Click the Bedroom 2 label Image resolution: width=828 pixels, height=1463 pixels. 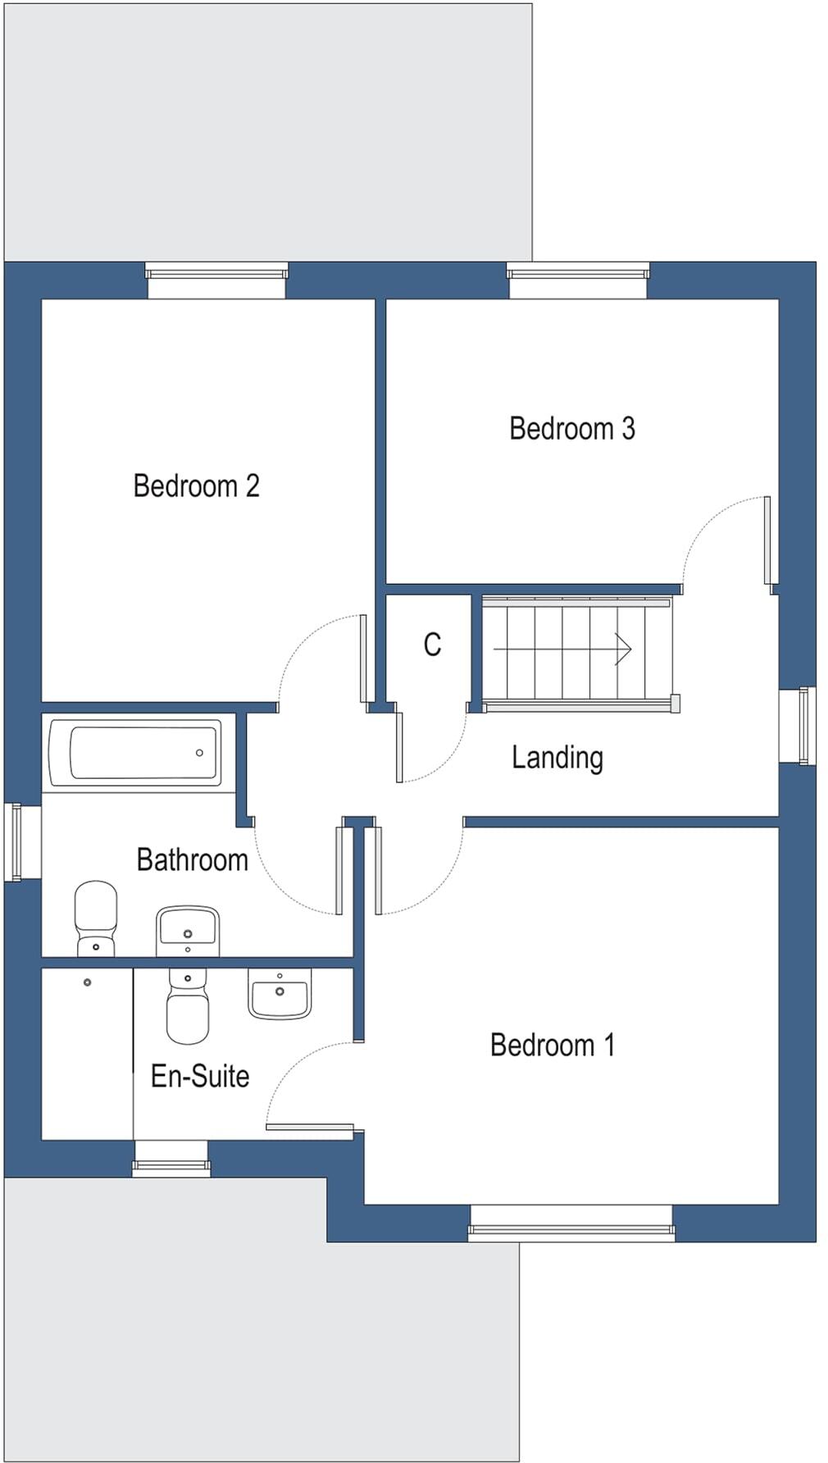pos(196,485)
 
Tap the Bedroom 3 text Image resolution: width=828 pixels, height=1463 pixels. pos(571,428)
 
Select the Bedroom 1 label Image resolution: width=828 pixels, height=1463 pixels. pos(552,1045)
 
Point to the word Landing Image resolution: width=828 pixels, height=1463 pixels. pos(557,757)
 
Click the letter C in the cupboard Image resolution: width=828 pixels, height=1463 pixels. pos(432,645)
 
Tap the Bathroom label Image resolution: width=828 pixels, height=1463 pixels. pos(192,859)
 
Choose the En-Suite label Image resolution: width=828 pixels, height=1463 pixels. pos(200,1075)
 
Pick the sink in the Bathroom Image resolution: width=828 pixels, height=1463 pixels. pos(188,930)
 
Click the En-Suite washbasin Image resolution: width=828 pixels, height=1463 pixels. pos(280,993)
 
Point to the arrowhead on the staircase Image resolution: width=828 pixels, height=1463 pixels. pos(624,649)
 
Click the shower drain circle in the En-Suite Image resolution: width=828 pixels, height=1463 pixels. pos(87,982)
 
